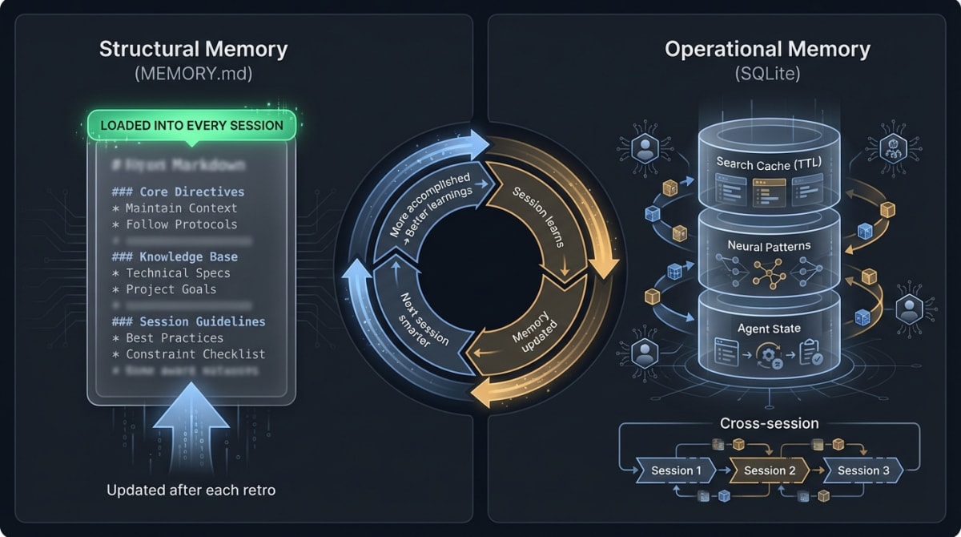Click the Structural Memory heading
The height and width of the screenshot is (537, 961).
coord(193,49)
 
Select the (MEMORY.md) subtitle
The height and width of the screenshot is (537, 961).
coord(193,75)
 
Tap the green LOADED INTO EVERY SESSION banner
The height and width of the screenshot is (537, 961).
coord(191,125)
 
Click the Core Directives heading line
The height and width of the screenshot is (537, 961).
coord(178,192)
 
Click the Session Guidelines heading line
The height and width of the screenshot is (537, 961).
coord(189,321)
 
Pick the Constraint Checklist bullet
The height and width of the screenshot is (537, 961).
coord(189,353)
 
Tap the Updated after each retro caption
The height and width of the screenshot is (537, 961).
coord(191,489)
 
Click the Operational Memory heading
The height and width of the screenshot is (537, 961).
coord(767,49)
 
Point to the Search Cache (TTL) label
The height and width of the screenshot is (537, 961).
coord(769,164)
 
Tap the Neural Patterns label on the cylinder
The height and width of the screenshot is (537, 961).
coord(769,246)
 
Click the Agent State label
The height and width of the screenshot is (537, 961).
coord(769,329)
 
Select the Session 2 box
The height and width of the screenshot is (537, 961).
coord(770,470)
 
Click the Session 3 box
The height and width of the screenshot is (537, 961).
coord(863,470)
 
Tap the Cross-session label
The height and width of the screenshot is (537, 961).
coord(769,423)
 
